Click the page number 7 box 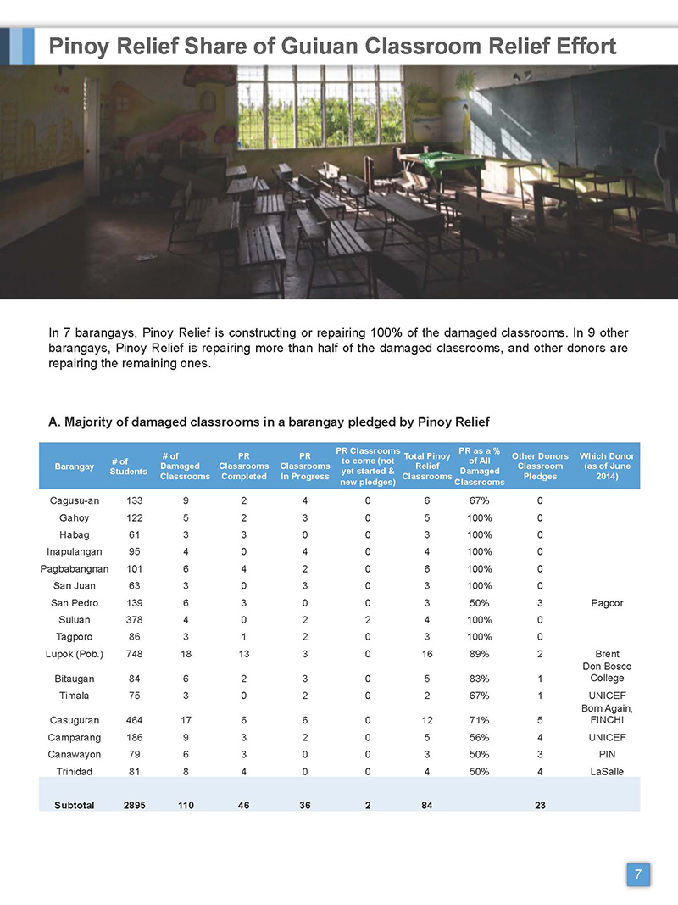638,874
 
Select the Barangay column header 75,466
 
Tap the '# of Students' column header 128,466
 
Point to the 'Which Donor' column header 606,466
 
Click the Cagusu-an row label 75,500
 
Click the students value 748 133,654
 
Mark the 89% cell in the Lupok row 480,654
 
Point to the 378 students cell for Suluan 133,619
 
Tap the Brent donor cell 607,654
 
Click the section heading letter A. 53,422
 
